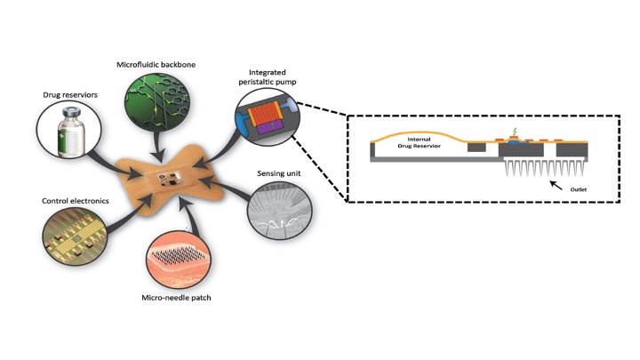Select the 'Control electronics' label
pos(72,202)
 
